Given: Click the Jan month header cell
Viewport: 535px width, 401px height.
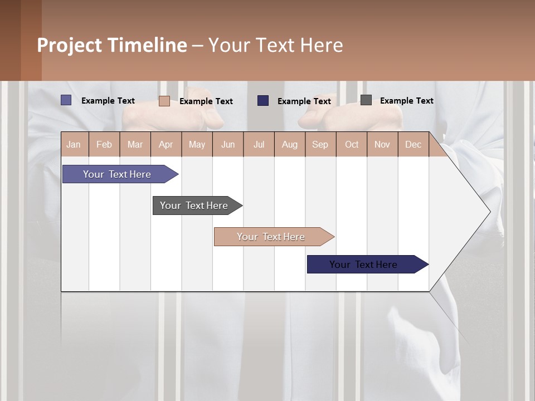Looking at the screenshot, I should pyautogui.click(x=74, y=144).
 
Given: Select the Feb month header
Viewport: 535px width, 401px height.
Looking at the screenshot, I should pyautogui.click(x=104, y=144).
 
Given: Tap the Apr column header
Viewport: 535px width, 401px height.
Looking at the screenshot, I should pyautogui.click(x=166, y=144).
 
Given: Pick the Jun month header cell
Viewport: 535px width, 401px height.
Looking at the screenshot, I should pyautogui.click(x=228, y=144).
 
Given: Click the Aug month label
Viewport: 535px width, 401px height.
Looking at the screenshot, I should pyautogui.click(x=290, y=144).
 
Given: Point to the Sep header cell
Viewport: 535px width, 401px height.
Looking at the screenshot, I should pyautogui.click(x=320, y=144).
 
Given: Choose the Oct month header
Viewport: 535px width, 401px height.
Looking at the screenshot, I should pyautogui.click(x=352, y=144).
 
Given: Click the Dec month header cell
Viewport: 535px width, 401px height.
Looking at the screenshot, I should pyautogui.click(x=414, y=144).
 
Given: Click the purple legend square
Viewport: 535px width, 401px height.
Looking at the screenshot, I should pyautogui.click(x=66, y=100).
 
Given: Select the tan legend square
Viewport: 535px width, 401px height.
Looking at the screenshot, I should pyautogui.click(x=164, y=101).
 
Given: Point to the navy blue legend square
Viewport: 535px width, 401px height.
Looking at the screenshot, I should pyautogui.click(x=263, y=100).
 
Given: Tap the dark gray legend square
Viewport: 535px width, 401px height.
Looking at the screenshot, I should pyautogui.click(x=366, y=100).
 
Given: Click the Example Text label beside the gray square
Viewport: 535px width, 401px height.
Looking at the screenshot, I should pyautogui.click(x=406, y=100).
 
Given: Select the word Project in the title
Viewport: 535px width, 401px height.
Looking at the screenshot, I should pyautogui.click(x=69, y=45).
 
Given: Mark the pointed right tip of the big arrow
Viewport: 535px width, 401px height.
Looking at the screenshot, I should pyautogui.click(x=489, y=211).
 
